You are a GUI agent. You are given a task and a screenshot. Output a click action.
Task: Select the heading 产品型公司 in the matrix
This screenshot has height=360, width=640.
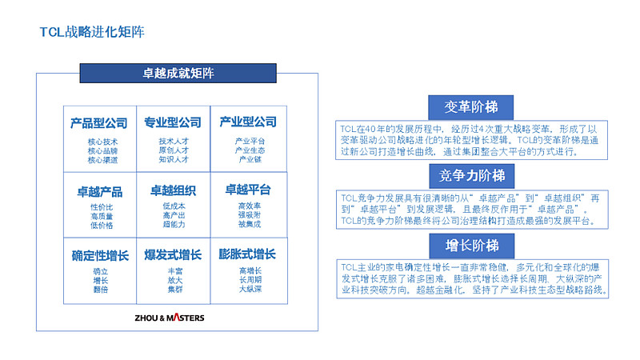(99, 122)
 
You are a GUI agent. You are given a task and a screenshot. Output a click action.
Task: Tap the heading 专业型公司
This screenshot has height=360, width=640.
(173, 122)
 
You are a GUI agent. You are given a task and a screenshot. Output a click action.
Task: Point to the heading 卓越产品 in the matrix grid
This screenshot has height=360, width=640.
(99, 191)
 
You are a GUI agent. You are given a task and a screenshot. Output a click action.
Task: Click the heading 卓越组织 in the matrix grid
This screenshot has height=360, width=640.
(173, 190)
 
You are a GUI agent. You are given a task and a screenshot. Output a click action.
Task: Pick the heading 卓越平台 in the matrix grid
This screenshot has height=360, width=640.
(247, 190)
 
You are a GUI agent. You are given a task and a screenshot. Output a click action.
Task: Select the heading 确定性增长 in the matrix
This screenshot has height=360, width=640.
(99, 256)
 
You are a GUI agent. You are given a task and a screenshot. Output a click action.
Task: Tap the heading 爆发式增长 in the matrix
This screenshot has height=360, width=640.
(173, 255)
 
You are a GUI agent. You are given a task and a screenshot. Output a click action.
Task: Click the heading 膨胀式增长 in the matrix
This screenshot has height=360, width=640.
(247, 254)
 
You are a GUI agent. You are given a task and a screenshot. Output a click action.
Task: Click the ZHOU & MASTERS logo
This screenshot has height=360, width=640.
(169, 318)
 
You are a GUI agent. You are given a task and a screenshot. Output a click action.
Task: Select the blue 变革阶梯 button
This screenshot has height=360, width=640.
(470, 107)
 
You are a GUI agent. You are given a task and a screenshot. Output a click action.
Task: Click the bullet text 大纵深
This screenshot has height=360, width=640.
(247, 289)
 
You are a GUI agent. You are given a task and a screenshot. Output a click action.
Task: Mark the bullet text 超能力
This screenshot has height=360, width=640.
(174, 226)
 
